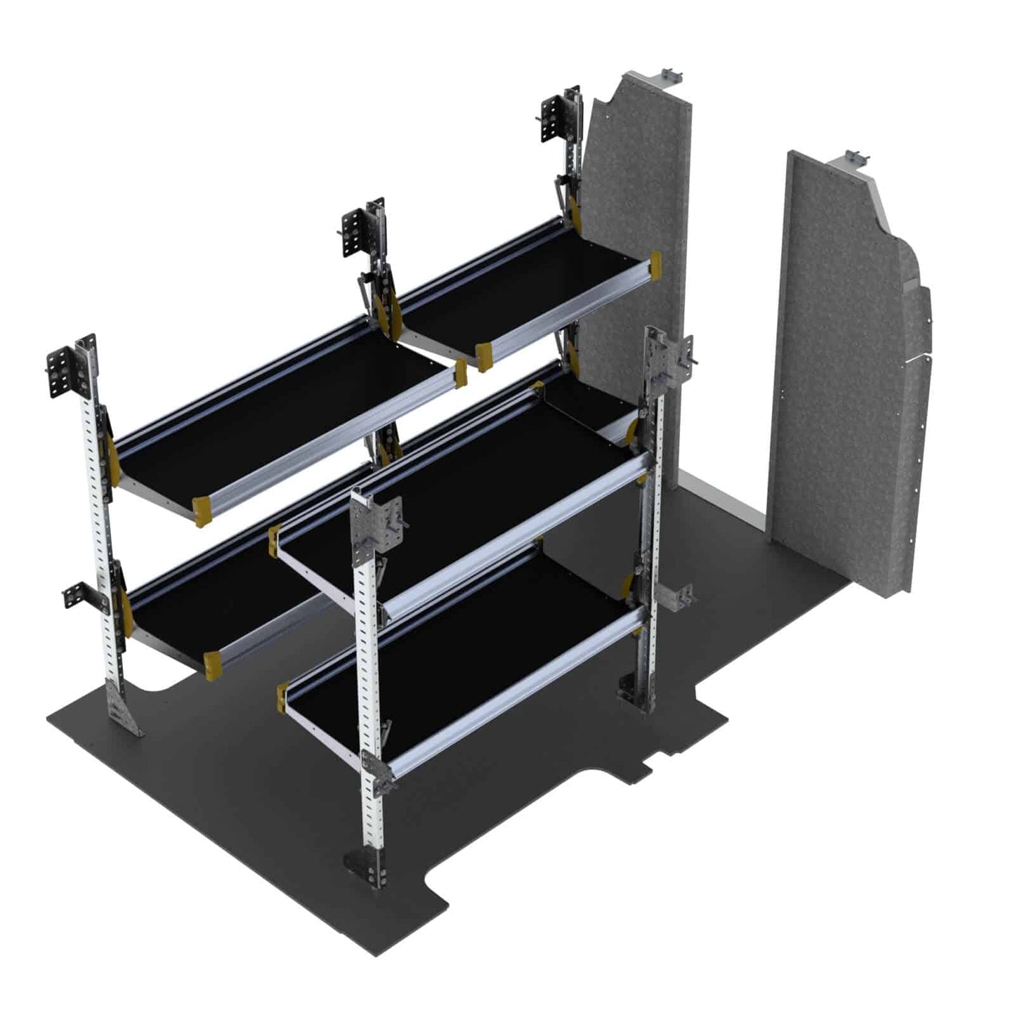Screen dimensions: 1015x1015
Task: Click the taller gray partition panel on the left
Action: [636, 232]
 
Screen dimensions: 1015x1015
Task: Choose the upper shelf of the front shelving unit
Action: [457, 492]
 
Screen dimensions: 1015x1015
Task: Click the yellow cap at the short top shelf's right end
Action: [655, 267]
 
